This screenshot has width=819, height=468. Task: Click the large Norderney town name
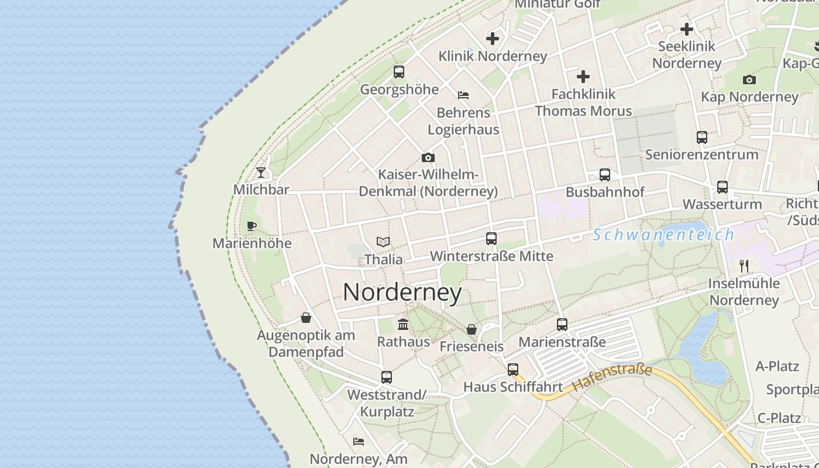pyautogui.click(x=402, y=292)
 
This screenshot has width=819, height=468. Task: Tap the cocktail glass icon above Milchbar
pyautogui.click(x=261, y=173)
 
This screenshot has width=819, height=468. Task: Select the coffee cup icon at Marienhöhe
pyautogui.click(x=252, y=226)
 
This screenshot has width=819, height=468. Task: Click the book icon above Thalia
pyautogui.click(x=383, y=242)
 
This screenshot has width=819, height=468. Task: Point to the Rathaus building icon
pyautogui.click(x=403, y=324)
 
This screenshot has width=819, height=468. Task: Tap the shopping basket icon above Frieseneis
pyautogui.click(x=472, y=329)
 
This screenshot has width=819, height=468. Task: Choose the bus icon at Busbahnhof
pyautogui.click(x=605, y=175)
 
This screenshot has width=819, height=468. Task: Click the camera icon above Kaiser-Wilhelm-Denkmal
pyautogui.click(x=428, y=157)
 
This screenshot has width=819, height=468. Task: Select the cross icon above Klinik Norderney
pyautogui.click(x=493, y=39)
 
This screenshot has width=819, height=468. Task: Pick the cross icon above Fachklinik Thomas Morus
pyautogui.click(x=583, y=77)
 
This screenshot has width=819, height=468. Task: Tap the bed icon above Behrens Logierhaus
pyautogui.click(x=463, y=95)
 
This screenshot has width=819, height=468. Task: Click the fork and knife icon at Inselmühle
pyautogui.click(x=744, y=266)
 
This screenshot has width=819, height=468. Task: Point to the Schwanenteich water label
pyautogui.click(x=663, y=235)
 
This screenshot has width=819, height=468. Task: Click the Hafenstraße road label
pyautogui.click(x=612, y=378)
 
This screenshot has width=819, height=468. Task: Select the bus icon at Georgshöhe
pyautogui.click(x=399, y=72)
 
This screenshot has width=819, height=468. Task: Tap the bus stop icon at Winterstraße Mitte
pyautogui.click(x=491, y=239)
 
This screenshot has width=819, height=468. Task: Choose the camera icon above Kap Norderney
pyautogui.click(x=749, y=80)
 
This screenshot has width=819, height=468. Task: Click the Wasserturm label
pyautogui.click(x=722, y=204)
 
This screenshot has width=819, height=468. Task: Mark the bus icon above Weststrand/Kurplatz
pyautogui.click(x=387, y=377)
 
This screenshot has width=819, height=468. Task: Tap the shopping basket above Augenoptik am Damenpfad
pyautogui.click(x=306, y=318)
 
